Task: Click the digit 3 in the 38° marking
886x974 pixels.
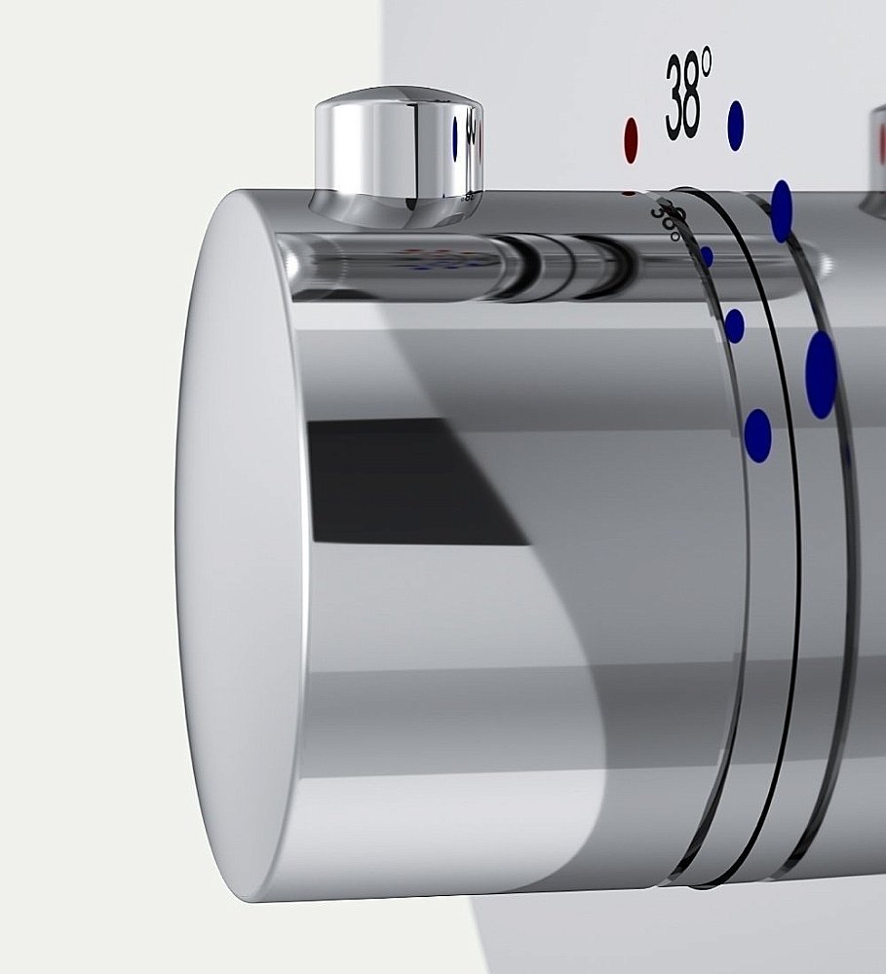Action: click(675, 100)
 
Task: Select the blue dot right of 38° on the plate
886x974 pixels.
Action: click(736, 126)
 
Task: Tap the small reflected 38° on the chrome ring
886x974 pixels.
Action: click(668, 220)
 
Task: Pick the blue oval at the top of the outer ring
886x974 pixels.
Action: click(782, 211)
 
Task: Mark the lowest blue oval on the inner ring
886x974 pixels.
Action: click(757, 434)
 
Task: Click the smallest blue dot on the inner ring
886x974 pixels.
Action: click(707, 256)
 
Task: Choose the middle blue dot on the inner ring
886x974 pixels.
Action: click(734, 325)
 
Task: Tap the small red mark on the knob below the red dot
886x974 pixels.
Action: click(629, 193)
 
